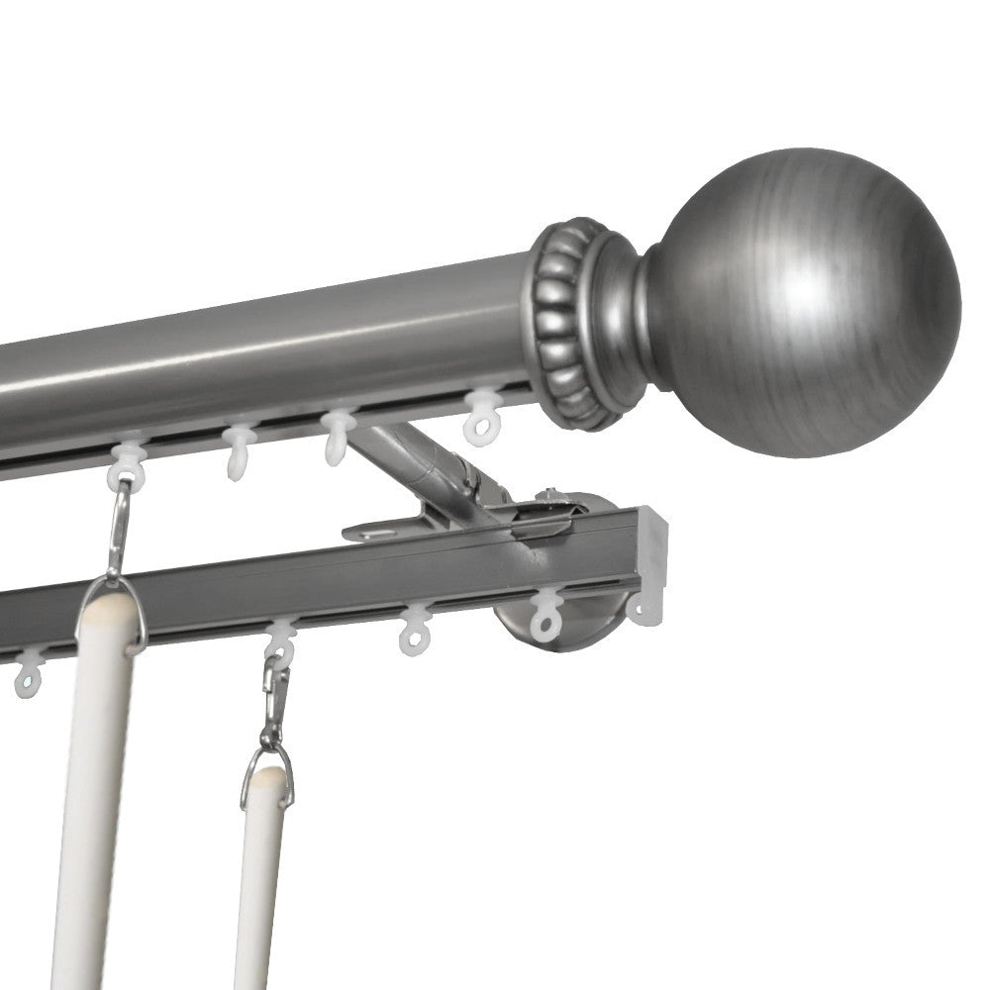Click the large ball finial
click(x=802, y=302)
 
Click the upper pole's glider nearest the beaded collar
click(x=482, y=415)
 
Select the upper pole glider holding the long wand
click(x=127, y=465)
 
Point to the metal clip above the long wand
click(x=118, y=530)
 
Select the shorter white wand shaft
click(x=259, y=881)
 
